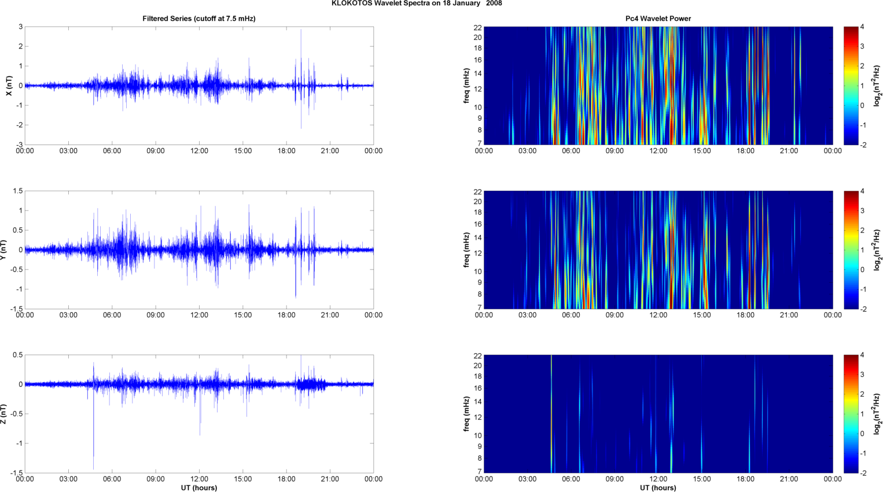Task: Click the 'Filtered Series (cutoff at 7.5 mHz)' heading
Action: [199, 19]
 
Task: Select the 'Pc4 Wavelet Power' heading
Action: [658, 19]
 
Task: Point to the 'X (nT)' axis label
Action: [9, 86]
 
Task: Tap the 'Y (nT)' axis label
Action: [3, 250]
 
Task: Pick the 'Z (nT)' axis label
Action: [3, 414]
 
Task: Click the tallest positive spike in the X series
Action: [301, 30]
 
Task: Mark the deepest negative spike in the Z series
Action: [94, 468]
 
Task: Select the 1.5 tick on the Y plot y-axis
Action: [18, 191]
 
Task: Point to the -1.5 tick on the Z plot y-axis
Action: [16, 473]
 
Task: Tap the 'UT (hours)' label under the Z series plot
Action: [199, 488]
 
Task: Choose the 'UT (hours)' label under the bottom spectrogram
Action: [658, 488]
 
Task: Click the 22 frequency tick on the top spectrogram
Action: [478, 27]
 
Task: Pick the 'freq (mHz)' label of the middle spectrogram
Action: [466, 250]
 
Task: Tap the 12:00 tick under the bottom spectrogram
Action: [658, 479]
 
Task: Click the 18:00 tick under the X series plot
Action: [286, 151]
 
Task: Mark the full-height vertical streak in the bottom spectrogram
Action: [551, 414]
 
